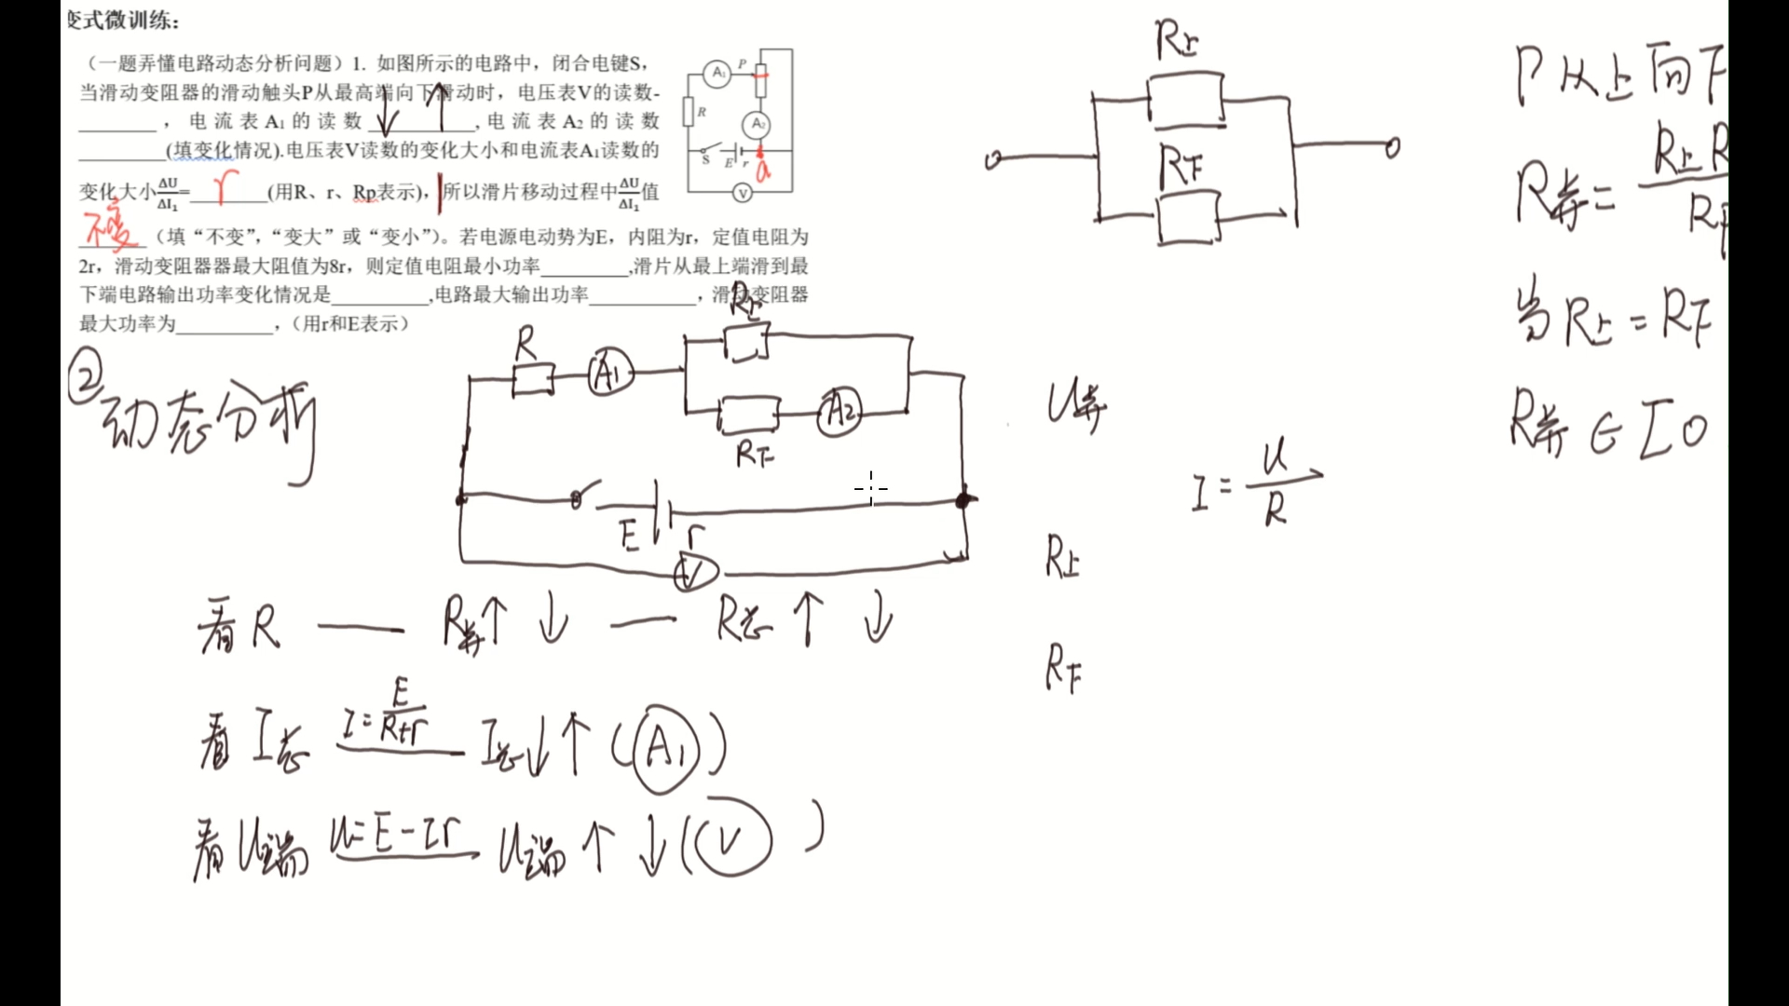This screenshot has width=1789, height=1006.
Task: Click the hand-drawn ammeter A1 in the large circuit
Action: pyautogui.click(x=610, y=374)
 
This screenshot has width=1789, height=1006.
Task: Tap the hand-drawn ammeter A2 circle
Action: pyautogui.click(x=840, y=412)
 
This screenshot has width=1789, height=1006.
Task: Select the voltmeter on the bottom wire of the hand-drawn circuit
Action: pyautogui.click(x=694, y=573)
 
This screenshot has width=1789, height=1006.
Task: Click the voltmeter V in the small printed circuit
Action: pyautogui.click(x=743, y=193)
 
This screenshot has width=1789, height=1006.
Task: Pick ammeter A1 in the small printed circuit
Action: pyautogui.click(x=717, y=74)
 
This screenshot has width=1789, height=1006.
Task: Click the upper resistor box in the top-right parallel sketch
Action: pyautogui.click(x=1185, y=99)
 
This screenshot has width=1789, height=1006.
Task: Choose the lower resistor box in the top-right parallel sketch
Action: pyautogui.click(x=1188, y=219)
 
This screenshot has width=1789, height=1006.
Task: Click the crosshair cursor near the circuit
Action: pyautogui.click(x=871, y=487)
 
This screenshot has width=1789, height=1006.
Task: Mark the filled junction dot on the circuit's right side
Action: pyautogui.click(x=963, y=500)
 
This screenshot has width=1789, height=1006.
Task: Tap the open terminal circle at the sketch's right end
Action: pyautogui.click(x=1392, y=147)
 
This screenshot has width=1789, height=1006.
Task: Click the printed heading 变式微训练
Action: pyautogui.click(x=123, y=20)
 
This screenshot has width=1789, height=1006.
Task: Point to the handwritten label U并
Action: pyautogui.click(x=1076, y=407)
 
